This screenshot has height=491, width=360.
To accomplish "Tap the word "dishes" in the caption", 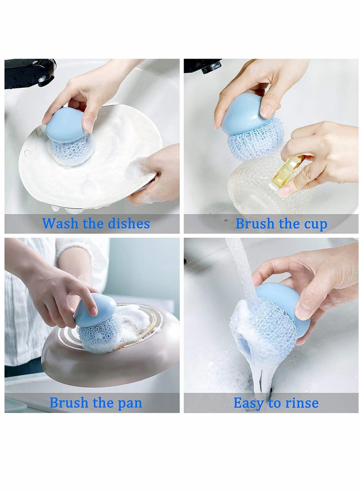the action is click(129, 224).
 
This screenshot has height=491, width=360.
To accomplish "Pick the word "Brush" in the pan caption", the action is click(69, 402).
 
